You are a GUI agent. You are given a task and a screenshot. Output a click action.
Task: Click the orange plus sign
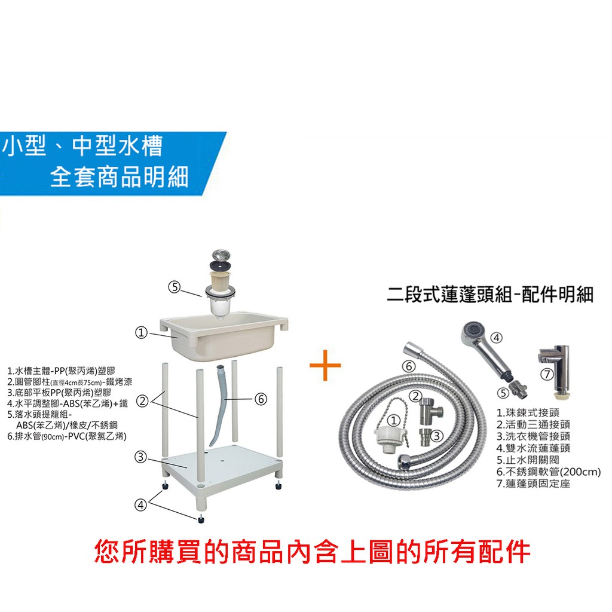tap(325, 366)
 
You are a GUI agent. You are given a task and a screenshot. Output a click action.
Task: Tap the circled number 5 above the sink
tap(174, 287)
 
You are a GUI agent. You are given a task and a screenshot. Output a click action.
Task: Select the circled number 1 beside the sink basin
tap(141, 333)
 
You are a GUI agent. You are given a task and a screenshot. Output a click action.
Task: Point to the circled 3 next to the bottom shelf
tap(140, 457)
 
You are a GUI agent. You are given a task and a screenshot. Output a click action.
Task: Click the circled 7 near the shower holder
tap(547, 375)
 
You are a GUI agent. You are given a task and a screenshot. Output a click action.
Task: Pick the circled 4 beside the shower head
tap(496, 338)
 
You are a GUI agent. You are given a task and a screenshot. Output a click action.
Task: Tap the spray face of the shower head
tap(472, 331)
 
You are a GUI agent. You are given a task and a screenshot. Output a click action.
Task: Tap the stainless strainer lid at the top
tap(221, 255)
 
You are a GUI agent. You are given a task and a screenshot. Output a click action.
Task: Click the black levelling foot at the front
tap(201, 519)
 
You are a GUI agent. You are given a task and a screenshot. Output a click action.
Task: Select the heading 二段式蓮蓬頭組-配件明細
tap(490, 294)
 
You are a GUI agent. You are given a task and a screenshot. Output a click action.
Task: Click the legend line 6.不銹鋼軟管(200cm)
tap(549, 472)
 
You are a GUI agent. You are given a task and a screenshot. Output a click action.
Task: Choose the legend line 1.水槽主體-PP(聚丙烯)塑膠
tap(62, 371)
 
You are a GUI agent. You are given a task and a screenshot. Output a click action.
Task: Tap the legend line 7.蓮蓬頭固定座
tap(533, 484)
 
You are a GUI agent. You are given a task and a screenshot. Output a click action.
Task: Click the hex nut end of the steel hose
tap(405, 462)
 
